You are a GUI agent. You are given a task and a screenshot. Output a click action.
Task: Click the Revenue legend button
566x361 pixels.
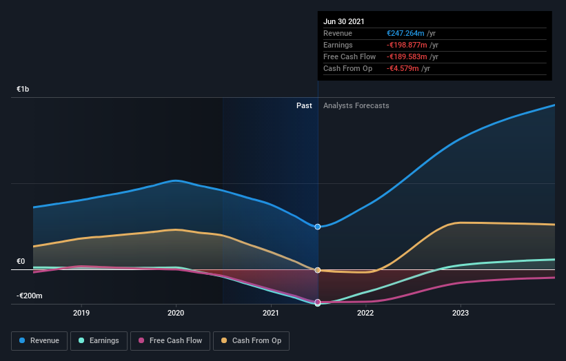[x=39, y=340]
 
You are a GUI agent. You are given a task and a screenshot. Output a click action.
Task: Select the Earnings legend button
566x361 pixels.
[x=99, y=340]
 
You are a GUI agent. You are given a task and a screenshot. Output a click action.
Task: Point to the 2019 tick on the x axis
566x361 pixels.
[x=81, y=313]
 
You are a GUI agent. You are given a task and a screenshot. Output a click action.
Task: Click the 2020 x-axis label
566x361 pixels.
[x=176, y=313]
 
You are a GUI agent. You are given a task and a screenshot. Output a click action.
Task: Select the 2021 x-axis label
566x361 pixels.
[x=271, y=313]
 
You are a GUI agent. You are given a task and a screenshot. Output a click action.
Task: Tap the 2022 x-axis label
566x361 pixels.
[x=365, y=313]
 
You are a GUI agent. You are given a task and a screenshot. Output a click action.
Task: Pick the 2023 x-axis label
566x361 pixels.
[x=460, y=313]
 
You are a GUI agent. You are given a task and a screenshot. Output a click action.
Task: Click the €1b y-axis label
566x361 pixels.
[x=23, y=90]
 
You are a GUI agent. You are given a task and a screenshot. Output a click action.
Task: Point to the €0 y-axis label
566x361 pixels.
[x=21, y=262]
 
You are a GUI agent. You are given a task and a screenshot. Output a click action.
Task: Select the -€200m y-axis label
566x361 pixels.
[x=30, y=296]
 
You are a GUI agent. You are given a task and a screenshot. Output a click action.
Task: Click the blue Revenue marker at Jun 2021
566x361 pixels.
[x=318, y=227]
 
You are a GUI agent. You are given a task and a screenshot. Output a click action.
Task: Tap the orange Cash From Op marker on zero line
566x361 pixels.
[x=318, y=270]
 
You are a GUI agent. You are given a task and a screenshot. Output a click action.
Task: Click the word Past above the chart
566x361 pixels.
[x=304, y=105]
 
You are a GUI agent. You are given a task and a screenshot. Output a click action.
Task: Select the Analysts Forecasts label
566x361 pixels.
[x=356, y=105]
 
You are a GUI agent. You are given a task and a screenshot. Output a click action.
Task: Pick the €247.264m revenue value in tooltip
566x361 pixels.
[x=405, y=33]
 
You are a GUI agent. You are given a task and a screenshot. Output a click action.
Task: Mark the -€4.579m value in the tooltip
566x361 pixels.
[x=402, y=68]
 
